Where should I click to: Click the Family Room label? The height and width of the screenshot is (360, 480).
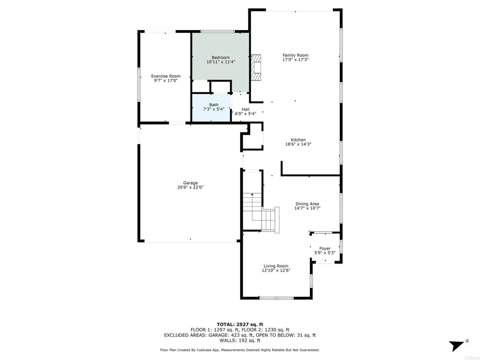point(295,55)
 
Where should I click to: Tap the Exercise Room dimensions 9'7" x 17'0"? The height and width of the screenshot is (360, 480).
point(165,81)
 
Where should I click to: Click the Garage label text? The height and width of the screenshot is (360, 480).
point(190,183)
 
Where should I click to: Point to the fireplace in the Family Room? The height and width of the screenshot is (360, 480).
point(256,68)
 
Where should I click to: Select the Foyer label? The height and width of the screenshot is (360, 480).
point(325,248)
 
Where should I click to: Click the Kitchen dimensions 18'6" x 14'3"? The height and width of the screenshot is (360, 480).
point(298,144)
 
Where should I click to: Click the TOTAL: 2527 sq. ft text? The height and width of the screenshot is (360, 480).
point(240,324)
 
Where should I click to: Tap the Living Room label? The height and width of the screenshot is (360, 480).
point(276,266)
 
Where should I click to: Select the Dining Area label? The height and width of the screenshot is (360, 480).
point(307,204)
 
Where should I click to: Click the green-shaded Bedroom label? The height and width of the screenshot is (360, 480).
point(220,57)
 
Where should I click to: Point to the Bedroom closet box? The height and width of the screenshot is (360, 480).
point(220,87)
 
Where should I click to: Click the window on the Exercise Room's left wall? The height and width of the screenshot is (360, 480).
point(139,84)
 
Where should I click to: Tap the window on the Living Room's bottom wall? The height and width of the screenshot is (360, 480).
point(276,298)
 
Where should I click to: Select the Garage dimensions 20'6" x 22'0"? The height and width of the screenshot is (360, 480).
point(190,187)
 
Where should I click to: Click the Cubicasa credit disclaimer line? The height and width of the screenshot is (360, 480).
point(240,350)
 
